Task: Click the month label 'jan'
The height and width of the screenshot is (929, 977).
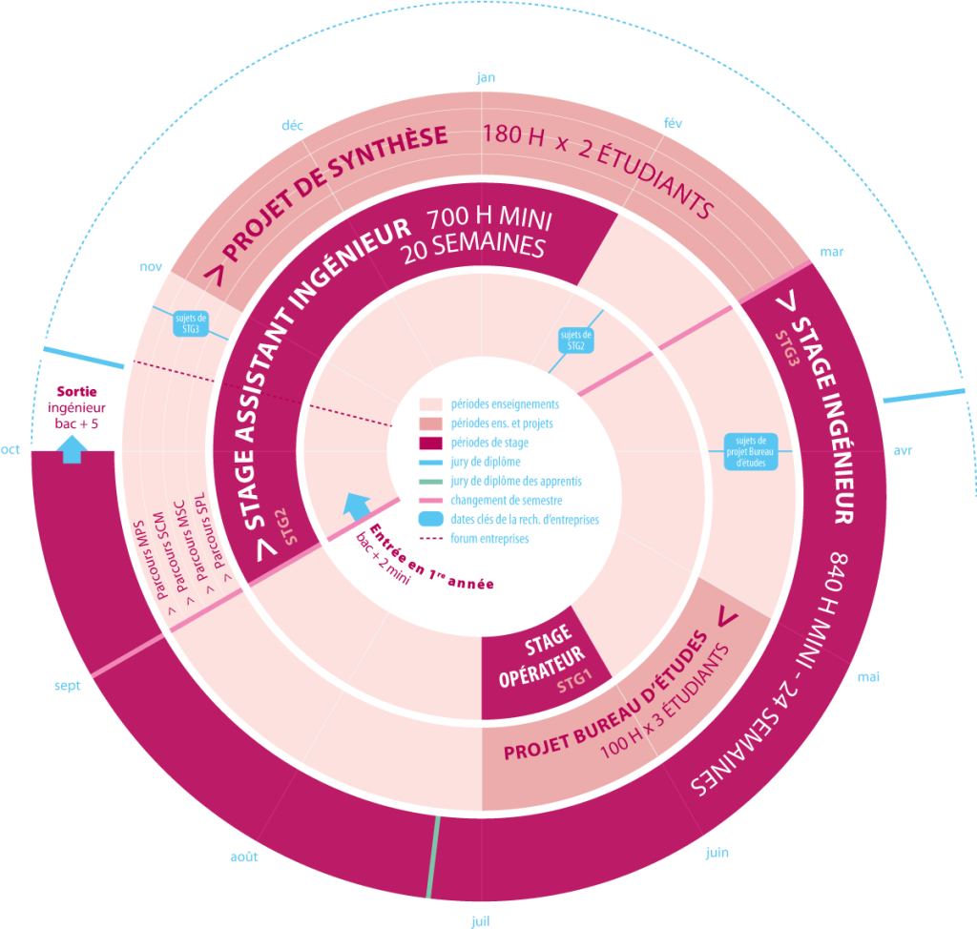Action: [486, 77]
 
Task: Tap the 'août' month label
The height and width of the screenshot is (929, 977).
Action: [243, 857]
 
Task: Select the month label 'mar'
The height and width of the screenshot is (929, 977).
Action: [831, 252]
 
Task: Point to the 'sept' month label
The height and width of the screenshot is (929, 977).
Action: [68, 686]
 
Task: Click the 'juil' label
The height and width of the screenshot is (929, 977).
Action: [480, 921]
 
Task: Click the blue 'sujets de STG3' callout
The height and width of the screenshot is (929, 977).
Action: [191, 323]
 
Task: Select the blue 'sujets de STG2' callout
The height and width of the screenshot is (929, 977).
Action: [575, 341]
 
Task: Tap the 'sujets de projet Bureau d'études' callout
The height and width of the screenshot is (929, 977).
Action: [750, 452]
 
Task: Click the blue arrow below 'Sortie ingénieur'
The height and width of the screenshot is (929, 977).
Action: [73, 449]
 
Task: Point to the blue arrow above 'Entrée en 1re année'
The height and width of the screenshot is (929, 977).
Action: [357, 506]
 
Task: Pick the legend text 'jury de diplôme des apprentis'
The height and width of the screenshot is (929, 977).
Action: [516, 481]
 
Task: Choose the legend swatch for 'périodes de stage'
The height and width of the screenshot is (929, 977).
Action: [430, 443]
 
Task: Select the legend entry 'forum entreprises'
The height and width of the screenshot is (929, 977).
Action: [489, 538]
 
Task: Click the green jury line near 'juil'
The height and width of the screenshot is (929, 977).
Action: [433, 857]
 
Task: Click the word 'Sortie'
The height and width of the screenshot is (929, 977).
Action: [76, 391]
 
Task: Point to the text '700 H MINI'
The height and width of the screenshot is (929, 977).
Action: [489, 218]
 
